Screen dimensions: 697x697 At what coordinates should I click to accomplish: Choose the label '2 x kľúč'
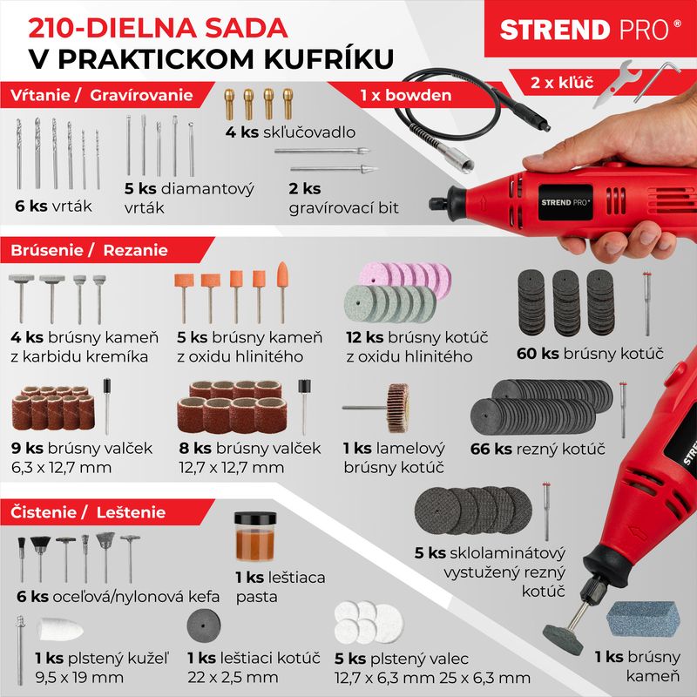point(561,84)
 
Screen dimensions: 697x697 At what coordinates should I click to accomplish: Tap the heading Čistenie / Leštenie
point(89,512)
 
